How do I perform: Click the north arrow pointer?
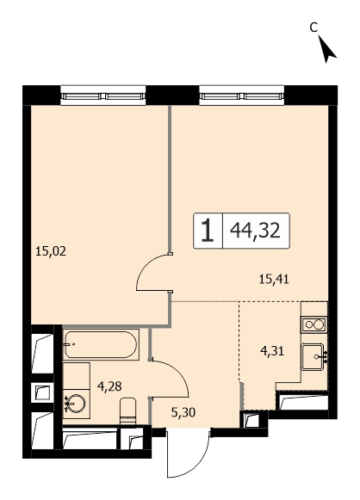pos(326,49)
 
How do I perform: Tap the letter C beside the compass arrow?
pos(314,28)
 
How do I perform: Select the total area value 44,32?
pos(255,231)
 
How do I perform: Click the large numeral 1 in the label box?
pos(208,231)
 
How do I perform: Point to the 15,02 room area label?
pos(51,251)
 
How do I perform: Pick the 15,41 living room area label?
pos(274,280)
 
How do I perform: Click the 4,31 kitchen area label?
pos(272,351)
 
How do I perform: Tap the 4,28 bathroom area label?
pos(109,386)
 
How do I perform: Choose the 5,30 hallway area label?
pos(183,413)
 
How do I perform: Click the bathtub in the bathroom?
pos(101,345)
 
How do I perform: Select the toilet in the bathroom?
pos(128,410)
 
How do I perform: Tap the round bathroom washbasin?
pos(76,404)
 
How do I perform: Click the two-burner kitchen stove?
pos(314,325)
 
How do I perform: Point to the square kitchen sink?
pos(313,357)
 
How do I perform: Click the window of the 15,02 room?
pos(102,96)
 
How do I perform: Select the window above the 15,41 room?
pos(242,96)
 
